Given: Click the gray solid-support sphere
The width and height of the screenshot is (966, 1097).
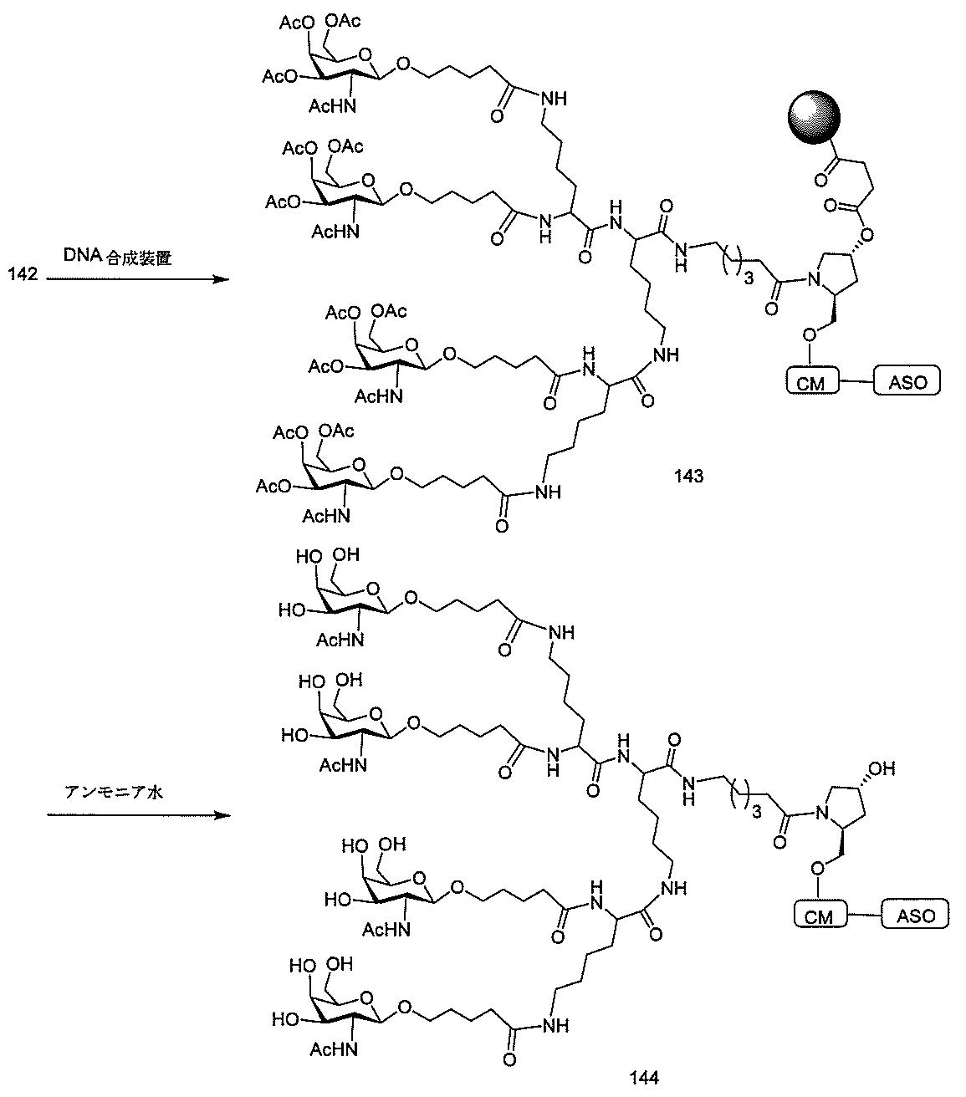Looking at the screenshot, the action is pyautogui.click(x=813, y=118).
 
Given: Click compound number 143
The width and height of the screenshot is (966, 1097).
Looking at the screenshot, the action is pyautogui.click(x=688, y=476).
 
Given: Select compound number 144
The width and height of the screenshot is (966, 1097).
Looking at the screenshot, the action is pyautogui.click(x=644, y=1078).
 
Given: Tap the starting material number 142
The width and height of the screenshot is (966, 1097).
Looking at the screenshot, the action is pyautogui.click(x=23, y=274).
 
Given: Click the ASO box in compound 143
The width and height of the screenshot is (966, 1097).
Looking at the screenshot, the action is pyautogui.click(x=907, y=382).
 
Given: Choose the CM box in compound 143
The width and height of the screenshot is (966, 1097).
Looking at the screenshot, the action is pyautogui.click(x=811, y=383).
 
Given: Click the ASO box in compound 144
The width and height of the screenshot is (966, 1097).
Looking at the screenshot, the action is pyautogui.click(x=916, y=915).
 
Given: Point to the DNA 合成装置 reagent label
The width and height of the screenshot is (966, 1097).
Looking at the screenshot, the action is pyautogui.click(x=118, y=256).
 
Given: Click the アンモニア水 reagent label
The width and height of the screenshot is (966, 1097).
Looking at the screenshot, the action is pyautogui.click(x=113, y=792).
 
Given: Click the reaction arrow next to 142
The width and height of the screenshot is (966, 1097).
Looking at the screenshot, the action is pyautogui.click(x=138, y=279).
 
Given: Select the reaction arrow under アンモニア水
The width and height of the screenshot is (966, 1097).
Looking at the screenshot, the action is pyautogui.click(x=139, y=814).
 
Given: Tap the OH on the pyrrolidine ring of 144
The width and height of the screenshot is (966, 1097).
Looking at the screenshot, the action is pyautogui.click(x=882, y=768).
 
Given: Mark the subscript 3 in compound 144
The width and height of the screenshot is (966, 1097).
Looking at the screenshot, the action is pyautogui.click(x=756, y=812).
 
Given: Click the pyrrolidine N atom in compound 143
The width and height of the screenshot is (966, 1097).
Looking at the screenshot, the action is pyautogui.click(x=813, y=280).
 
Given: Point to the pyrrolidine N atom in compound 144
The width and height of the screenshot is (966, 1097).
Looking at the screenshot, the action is pyautogui.click(x=822, y=813).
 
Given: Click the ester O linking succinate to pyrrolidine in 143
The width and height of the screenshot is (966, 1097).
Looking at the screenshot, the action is pyautogui.click(x=867, y=234).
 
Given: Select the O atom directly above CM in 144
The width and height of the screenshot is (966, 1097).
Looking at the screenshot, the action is pyautogui.click(x=817, y=868).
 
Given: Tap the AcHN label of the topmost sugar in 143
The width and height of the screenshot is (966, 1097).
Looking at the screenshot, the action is pyautogui.click(x=333, y=106).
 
